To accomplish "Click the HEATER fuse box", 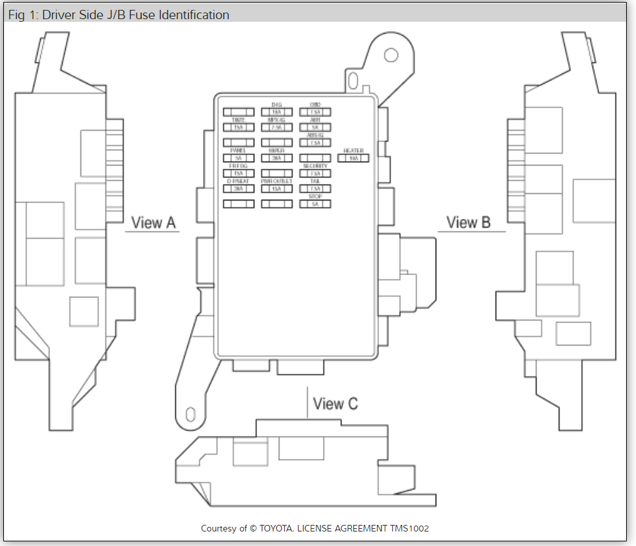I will point(353,158).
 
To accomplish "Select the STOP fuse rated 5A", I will point(315,204).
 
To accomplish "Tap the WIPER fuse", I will point(277,158).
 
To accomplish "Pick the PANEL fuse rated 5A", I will point(239,158).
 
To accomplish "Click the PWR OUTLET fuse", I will point(277,189).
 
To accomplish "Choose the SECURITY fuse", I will point(315,173).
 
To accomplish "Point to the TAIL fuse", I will point(315,189).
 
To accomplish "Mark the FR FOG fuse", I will point(239,173).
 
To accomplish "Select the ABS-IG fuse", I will point(315,142).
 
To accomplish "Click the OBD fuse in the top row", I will point(315,112).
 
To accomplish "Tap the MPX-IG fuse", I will point(277,127).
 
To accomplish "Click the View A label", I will point(154,223).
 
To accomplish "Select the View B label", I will point(469,223).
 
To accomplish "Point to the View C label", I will point(335,404).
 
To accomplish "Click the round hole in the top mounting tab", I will point(390,54).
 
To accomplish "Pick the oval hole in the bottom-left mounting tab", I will point(190,414).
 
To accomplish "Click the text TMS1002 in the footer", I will point(410,529).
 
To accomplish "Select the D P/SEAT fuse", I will point(239,189).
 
